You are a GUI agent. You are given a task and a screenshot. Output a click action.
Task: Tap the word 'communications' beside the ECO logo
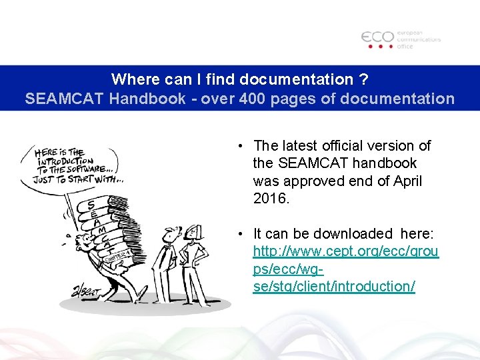pyautogui.click(x=419, y=39)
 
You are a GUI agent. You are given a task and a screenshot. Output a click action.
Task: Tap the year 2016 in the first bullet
pyautogui.click(x=271, y=198)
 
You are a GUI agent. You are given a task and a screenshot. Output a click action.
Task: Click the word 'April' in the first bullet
pyautogui.click(x=406, y=181)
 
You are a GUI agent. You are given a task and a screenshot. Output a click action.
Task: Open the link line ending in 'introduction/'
pyautogui.click(x=334, y=286)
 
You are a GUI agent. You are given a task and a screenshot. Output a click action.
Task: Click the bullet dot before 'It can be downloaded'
pyautogui.click(x=239, y=234)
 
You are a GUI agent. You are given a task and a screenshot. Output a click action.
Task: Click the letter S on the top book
pyautogui.click(x=90, y=203)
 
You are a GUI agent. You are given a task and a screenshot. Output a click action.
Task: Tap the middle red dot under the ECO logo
pyautogui.click(x=380, y=47)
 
